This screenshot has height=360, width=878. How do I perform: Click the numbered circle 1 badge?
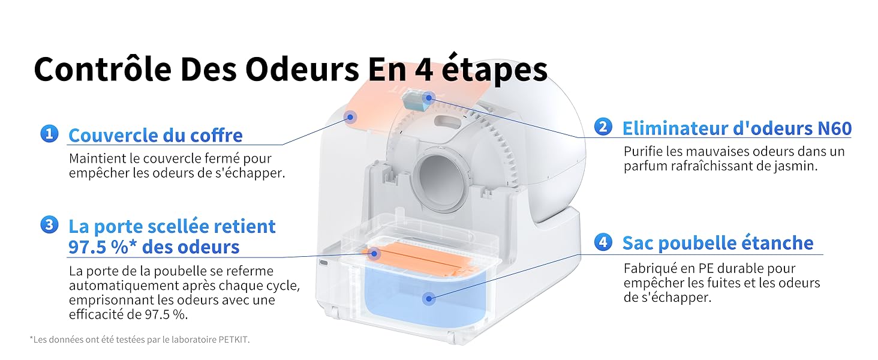[x=49, y=134]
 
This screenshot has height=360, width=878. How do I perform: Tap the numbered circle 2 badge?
[x=603, y=127]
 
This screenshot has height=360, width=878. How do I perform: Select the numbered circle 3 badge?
[x=49, y=225]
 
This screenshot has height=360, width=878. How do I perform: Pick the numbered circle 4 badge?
[x=603, y=242]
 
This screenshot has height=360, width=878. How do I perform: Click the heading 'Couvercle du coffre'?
[x=155, y=135]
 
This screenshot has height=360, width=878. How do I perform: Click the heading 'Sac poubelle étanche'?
[x=718, y=243]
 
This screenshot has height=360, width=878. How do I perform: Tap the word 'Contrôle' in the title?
[x=103, y=70]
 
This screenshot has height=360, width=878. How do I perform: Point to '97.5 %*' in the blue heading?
[x=103, y=247]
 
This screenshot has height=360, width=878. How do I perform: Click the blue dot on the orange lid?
[x=350, y=117]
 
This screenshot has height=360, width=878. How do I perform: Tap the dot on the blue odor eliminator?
[x=428, y=98]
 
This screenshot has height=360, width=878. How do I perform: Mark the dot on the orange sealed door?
[x=374, y=254]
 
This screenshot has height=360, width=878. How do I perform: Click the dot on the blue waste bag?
[x=429, y=299]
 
